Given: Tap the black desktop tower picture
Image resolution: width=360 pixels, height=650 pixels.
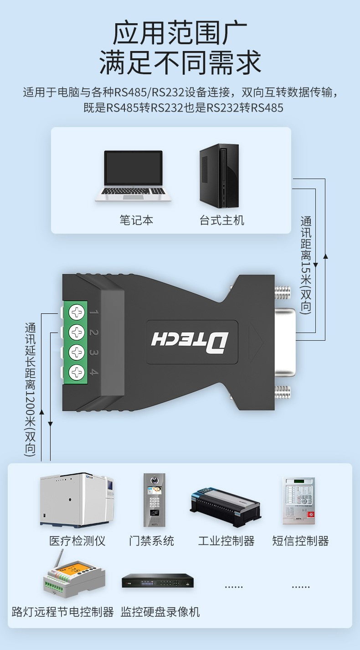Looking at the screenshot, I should pos(219,176).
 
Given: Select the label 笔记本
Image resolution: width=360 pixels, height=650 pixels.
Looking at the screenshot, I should pos(136,220).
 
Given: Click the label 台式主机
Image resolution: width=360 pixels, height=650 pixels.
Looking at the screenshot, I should pos(222,220).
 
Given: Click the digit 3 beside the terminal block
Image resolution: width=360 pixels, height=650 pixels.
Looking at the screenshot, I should pos(93,353).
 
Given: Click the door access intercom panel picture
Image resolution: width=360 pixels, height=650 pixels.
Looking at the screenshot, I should pos(154,500).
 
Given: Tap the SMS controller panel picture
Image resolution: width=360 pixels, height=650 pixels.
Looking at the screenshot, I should pos(299,501).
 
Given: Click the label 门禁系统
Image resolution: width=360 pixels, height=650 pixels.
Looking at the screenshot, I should pos(151,541).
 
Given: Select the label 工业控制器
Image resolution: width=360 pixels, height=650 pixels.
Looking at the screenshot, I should pos(226,541).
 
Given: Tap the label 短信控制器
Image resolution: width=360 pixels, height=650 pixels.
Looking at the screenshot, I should pos(300,541).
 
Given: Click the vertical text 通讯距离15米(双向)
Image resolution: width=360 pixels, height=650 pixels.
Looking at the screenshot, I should pos(306,265).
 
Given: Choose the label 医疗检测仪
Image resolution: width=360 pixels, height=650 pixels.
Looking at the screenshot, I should pos(77,541).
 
